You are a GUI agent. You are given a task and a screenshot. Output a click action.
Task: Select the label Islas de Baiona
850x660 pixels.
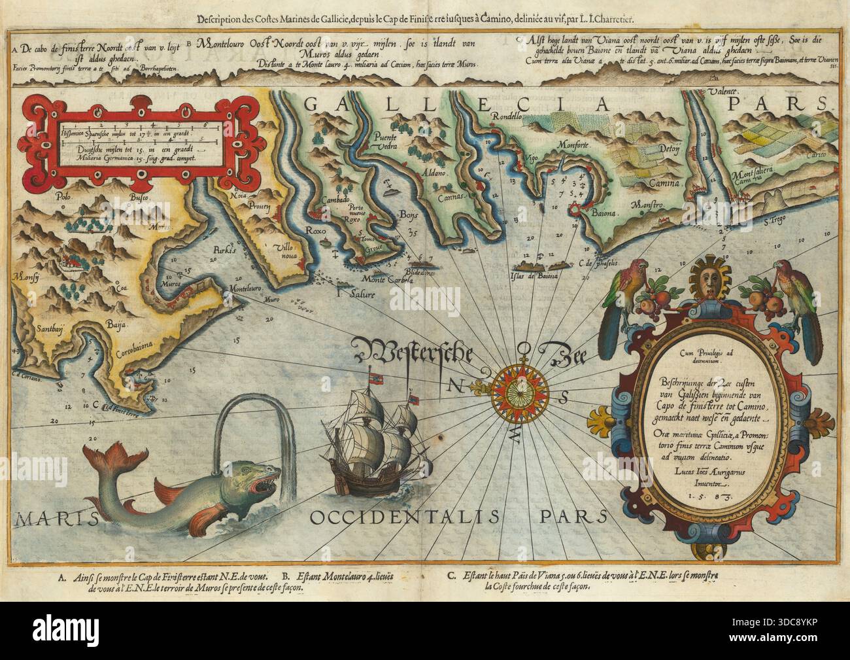538,277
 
